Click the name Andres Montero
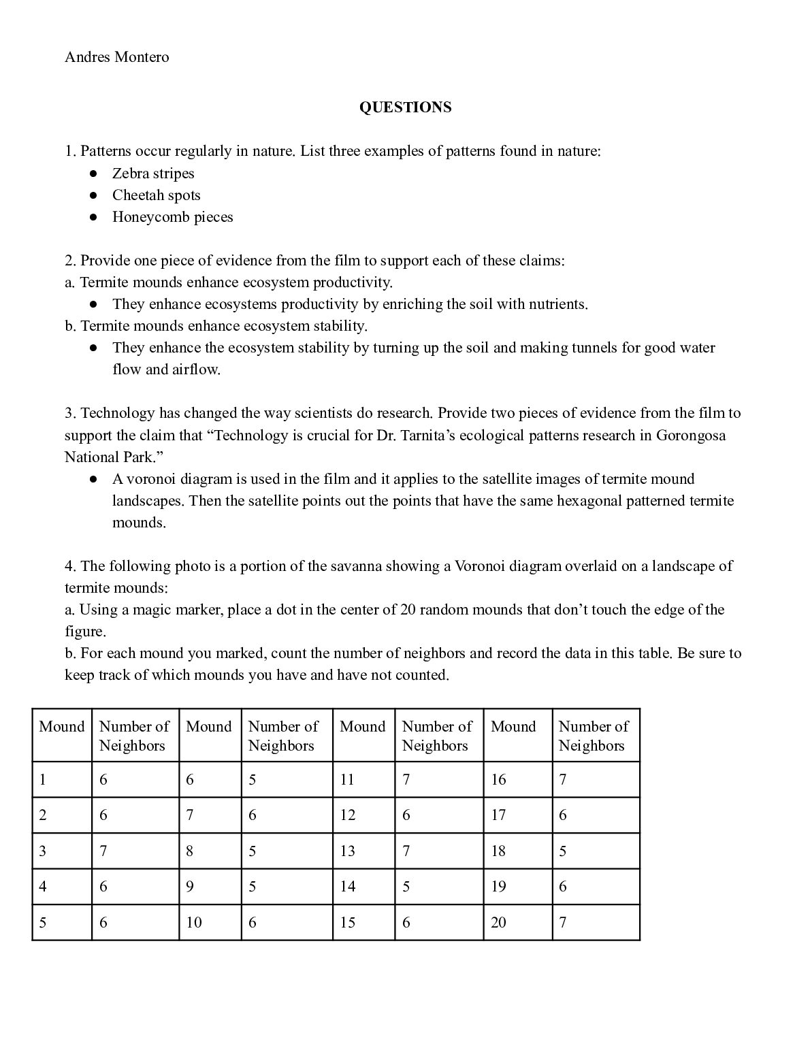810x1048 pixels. click(x=116, y=57)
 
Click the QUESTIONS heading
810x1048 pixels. click(x=405, y=108)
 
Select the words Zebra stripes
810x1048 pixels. click(x=153, y=174)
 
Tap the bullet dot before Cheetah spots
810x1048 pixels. click(x=94, y=196)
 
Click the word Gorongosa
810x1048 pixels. click(x=690, y=435)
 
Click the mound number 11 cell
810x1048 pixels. click(x=347, y=780)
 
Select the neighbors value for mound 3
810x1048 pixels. click(x=103, y=851)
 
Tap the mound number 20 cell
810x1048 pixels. click(x=498, y=923)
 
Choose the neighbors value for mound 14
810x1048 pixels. click(x=406, y=887)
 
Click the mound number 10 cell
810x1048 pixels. click(x=194, y=923)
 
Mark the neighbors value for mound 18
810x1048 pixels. click(x=562, y=851)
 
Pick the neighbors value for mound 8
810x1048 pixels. click(x=252, y=851)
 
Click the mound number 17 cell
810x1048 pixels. click(x=498, y=815)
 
